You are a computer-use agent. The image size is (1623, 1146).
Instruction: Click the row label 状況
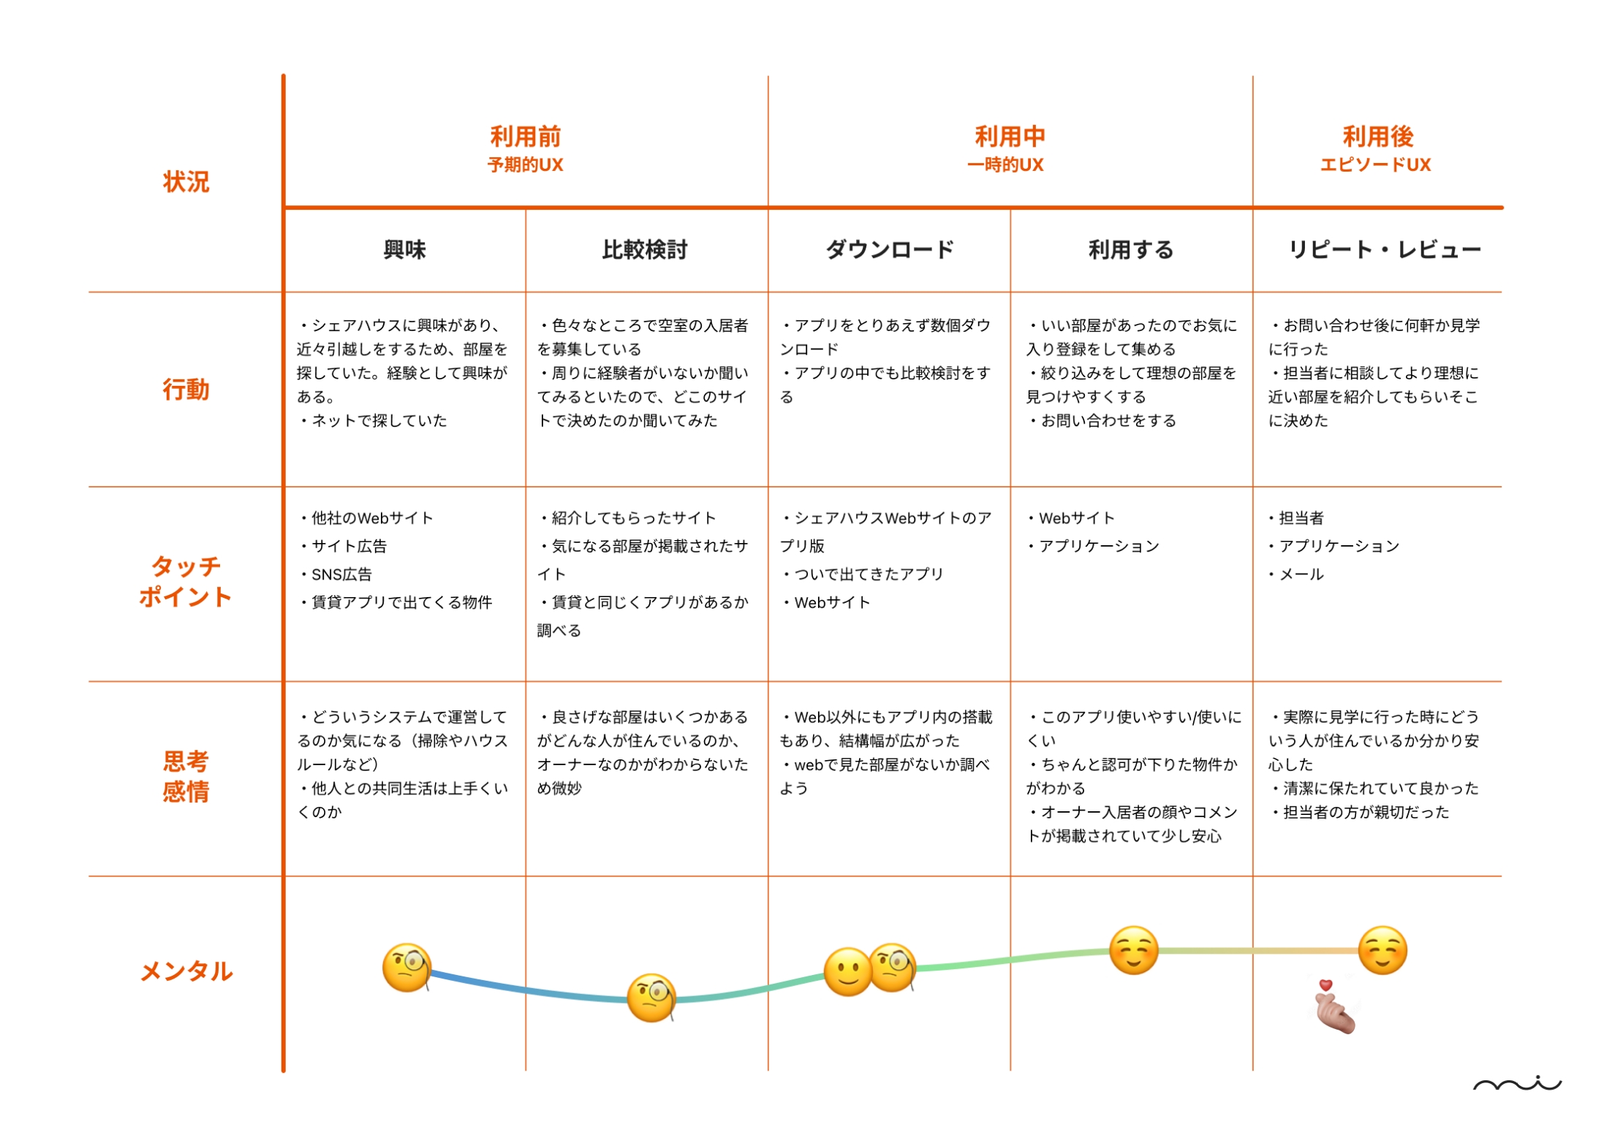[186, 181]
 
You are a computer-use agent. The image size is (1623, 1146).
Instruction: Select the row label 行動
[186, 389]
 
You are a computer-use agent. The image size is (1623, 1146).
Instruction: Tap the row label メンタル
[186, 971]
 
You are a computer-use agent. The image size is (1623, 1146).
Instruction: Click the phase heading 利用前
[525, 137]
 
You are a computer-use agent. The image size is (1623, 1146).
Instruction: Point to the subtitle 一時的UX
[1005, 165]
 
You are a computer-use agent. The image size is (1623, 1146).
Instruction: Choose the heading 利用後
[1377, 137]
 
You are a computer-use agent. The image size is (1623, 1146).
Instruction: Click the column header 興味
[404, 250]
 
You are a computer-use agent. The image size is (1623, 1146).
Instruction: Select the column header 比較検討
[645, 250]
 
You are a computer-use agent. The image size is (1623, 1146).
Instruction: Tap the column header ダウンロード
[889, 250]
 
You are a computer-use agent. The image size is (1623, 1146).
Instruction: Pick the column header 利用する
[1130, 250]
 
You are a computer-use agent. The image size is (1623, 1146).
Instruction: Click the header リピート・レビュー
[1384, 250]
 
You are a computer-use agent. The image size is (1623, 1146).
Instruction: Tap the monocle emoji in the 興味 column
[407, 967]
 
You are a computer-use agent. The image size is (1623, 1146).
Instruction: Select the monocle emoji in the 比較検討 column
[651, 997]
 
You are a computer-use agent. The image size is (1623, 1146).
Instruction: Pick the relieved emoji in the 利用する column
[1133, 950]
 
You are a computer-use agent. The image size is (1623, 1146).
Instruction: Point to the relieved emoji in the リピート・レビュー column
[1382, 950]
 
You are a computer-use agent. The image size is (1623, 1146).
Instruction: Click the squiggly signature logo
[1516, 1084]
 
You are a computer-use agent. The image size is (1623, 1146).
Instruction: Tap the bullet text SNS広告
[341, 574]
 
